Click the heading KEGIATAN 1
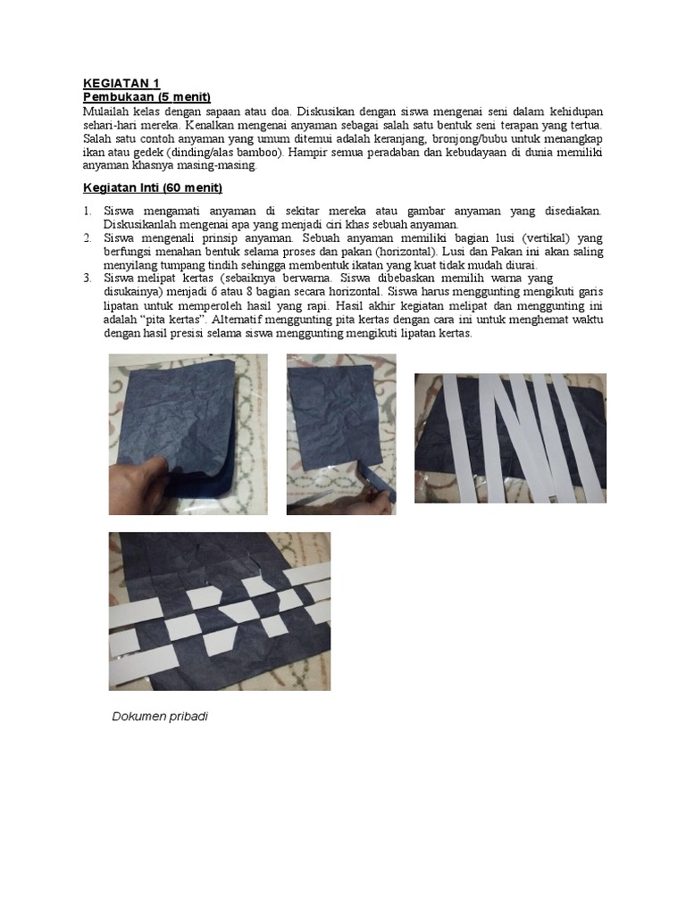(121, 83)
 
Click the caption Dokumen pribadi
(160, 717)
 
